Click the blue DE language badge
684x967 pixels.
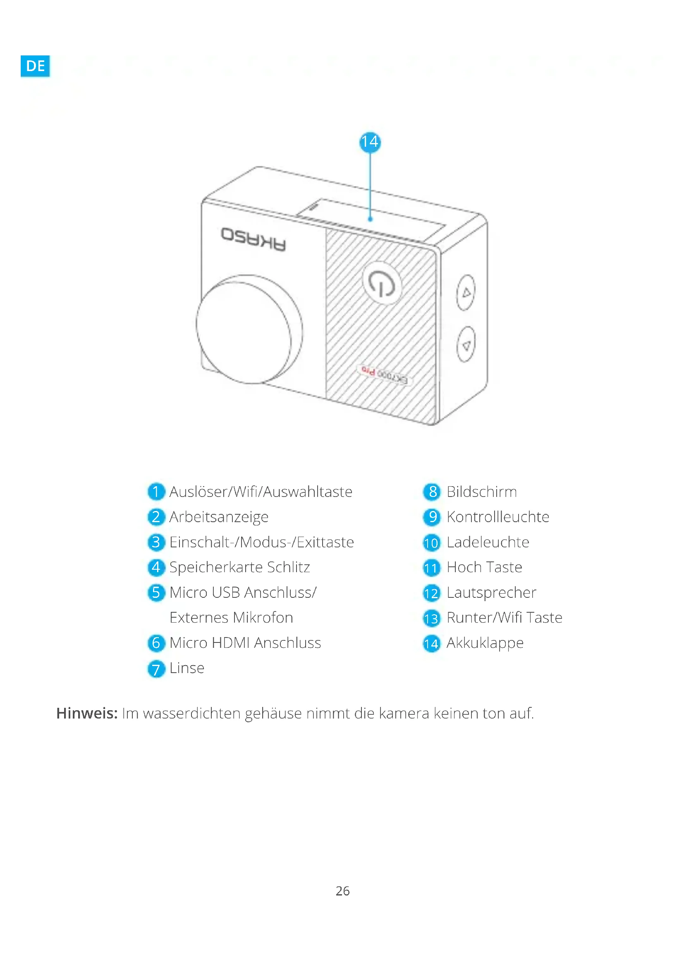click(35, 65)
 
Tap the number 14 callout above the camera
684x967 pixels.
click(370, 142)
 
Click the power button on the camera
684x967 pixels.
click(382, 283)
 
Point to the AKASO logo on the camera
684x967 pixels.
click(253, 239)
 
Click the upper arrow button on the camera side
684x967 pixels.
click(466, 292)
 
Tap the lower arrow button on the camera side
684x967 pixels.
click(466, 345)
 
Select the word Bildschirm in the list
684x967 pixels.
click(481, 492)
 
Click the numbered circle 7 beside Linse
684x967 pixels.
click(156, 669)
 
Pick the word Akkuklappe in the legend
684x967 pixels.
click(485, 643)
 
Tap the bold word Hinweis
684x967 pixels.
click(87, 713)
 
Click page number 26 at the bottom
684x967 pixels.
click(342, 891)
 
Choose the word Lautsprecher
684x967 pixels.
click(492, 592)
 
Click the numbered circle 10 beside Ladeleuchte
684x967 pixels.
click(431, 543)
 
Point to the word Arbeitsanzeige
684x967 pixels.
click(219, 517)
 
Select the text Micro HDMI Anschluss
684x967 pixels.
click(245, 643)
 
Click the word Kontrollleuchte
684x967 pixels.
click(498, 517)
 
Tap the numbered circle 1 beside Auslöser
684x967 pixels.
click(156, 492)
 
